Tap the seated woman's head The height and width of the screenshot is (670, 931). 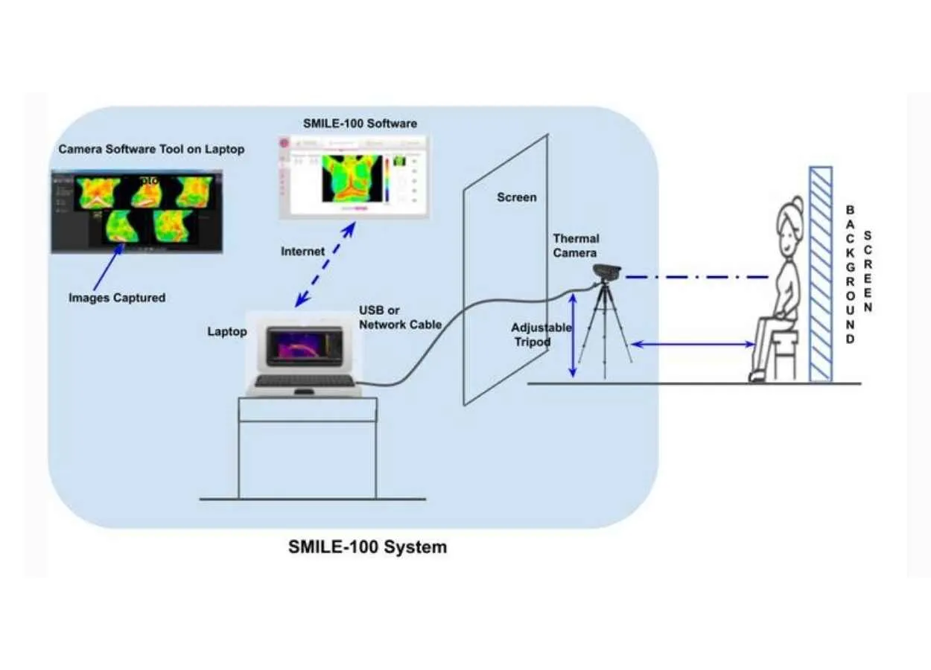(x=788, y=223)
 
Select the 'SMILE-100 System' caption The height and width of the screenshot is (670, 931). (x=368, y=547)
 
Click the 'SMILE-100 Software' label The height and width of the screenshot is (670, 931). (x=360, y=123)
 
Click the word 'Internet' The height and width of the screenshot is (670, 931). (x=302, y=252)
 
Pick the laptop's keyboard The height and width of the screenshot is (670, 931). (x=304, y=380)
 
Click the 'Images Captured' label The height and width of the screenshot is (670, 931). (x=117, y=298)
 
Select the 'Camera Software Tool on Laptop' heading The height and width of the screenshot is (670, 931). (x=151, y=150)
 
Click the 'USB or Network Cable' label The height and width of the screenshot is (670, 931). (x=400, y=317)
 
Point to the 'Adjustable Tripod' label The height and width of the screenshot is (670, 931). (x=541, y=334)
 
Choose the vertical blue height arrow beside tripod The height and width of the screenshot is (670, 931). (x=572, y=334)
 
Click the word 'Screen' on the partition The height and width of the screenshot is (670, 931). (x=516, y=197)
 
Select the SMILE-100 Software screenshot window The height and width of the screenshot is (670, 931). (x=354, y=176)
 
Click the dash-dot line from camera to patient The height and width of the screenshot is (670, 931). (x=696, y=277)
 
